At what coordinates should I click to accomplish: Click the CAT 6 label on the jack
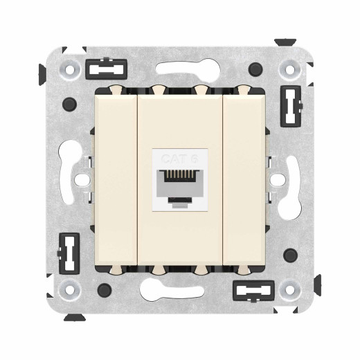point(179,159)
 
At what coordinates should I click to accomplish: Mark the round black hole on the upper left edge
point(68,105)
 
